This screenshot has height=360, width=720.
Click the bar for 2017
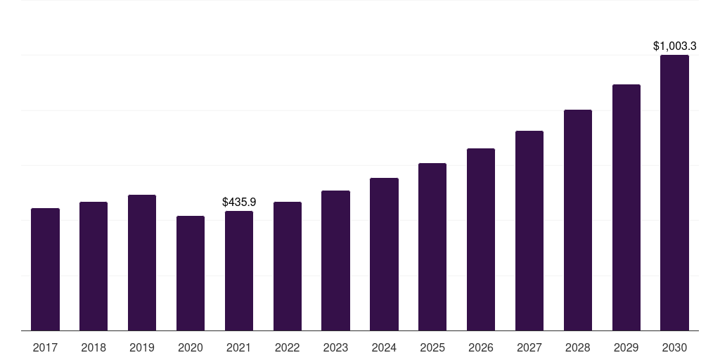(x=45, y=269)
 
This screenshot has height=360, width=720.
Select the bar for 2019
(x=142, y=262)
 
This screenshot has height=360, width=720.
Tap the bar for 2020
(x=191, y=273)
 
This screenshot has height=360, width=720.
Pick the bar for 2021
(x=239, y=271)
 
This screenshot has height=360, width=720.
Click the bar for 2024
(x=384, y=254)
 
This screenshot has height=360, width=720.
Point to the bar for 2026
(x=481, y=239)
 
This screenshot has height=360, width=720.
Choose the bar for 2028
(x=578, y=220)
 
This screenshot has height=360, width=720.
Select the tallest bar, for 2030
(x=674, y=193)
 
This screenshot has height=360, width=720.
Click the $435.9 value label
(x=239, y=202)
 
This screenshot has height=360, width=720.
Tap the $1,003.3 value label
(x=674, y=46)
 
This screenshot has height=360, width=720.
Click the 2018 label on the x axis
(x=94, y=347)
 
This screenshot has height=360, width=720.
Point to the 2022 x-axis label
(x=288, y=347)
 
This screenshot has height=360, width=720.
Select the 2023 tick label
(x=335, y=347)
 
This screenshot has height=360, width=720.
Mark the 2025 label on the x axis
(x=432, y=347)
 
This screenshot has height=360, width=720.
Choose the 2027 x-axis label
(x=529, y=347)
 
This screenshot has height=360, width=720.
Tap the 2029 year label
(x=626, y=347)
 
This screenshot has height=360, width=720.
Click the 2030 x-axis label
(x=674, y=347)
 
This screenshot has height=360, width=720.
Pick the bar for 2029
(x=626, y=207)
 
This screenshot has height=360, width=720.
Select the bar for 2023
(x=335, y=260)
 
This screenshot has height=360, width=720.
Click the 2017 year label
(x=45, y=347)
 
